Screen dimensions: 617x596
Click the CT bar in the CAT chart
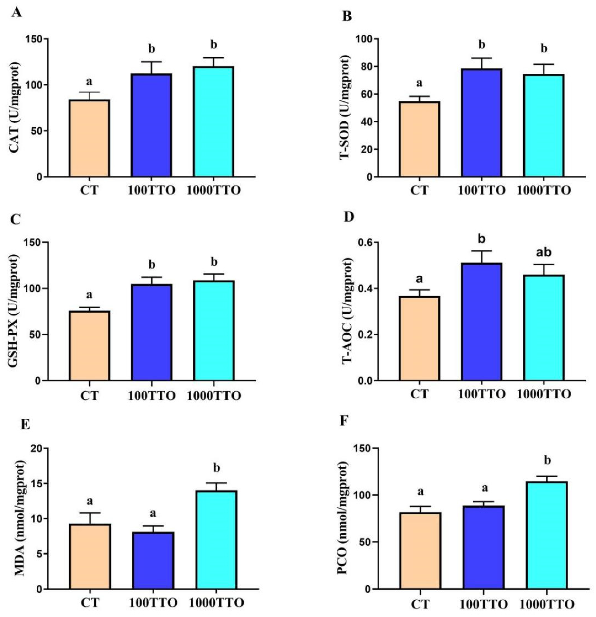tap(89, 138)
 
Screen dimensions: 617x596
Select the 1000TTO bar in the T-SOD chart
tap(544, 126)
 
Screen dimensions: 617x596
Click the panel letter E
tap(25, 424)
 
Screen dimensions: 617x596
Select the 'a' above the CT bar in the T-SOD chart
tap(419, 83)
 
